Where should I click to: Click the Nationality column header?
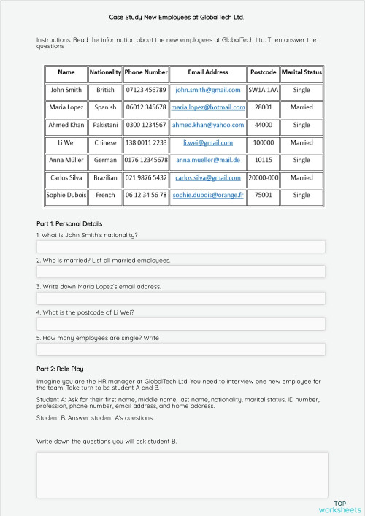(105, 72)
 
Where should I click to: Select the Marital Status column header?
(301, 72)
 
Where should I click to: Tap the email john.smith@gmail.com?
(208, 90)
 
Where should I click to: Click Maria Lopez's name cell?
(66, 107)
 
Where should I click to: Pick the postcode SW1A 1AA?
(263, 90)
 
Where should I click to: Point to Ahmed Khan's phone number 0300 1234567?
(146, 125)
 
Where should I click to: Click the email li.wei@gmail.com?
(208, 142)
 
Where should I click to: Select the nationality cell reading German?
(105, 160)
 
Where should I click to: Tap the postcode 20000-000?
(263, 177)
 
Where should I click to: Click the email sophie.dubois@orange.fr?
(208, 195)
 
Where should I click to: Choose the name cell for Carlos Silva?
(66, 177)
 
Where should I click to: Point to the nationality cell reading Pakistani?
(105, 125)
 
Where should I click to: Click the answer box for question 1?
(180, 247)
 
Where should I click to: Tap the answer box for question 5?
(180, 350)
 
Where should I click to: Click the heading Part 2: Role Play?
(65, 369)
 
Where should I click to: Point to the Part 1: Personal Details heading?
(69, 223)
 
